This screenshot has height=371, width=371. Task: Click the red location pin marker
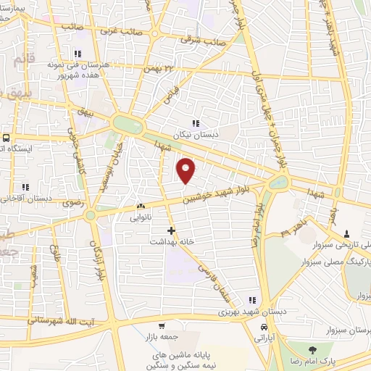click(x=187, y=170)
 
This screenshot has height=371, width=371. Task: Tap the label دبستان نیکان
click(x=195, y=136)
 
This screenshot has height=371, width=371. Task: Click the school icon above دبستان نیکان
click(x=195, y=122)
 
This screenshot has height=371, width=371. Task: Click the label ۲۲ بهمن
click(x=161, y=68)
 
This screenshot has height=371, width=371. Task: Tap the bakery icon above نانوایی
click(x=141, y=206)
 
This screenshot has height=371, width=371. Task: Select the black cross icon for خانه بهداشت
click(x=171, y=230)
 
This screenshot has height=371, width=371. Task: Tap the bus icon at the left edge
click(x=7, y=137)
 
